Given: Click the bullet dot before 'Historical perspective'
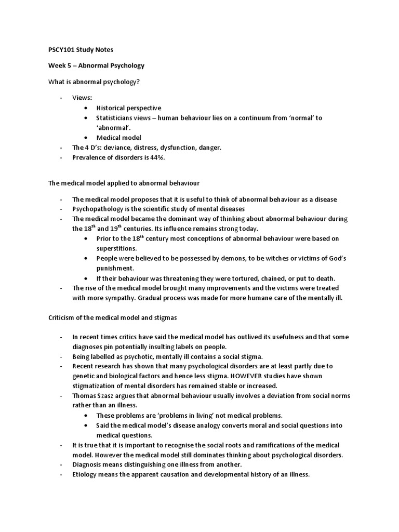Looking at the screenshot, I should click(x=86, y=108).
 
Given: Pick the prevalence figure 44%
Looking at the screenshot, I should click(x=157, y=157).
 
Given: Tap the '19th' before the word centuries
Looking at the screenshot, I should click(x=115, y=229).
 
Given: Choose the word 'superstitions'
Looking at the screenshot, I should click(x=117, y=248).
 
